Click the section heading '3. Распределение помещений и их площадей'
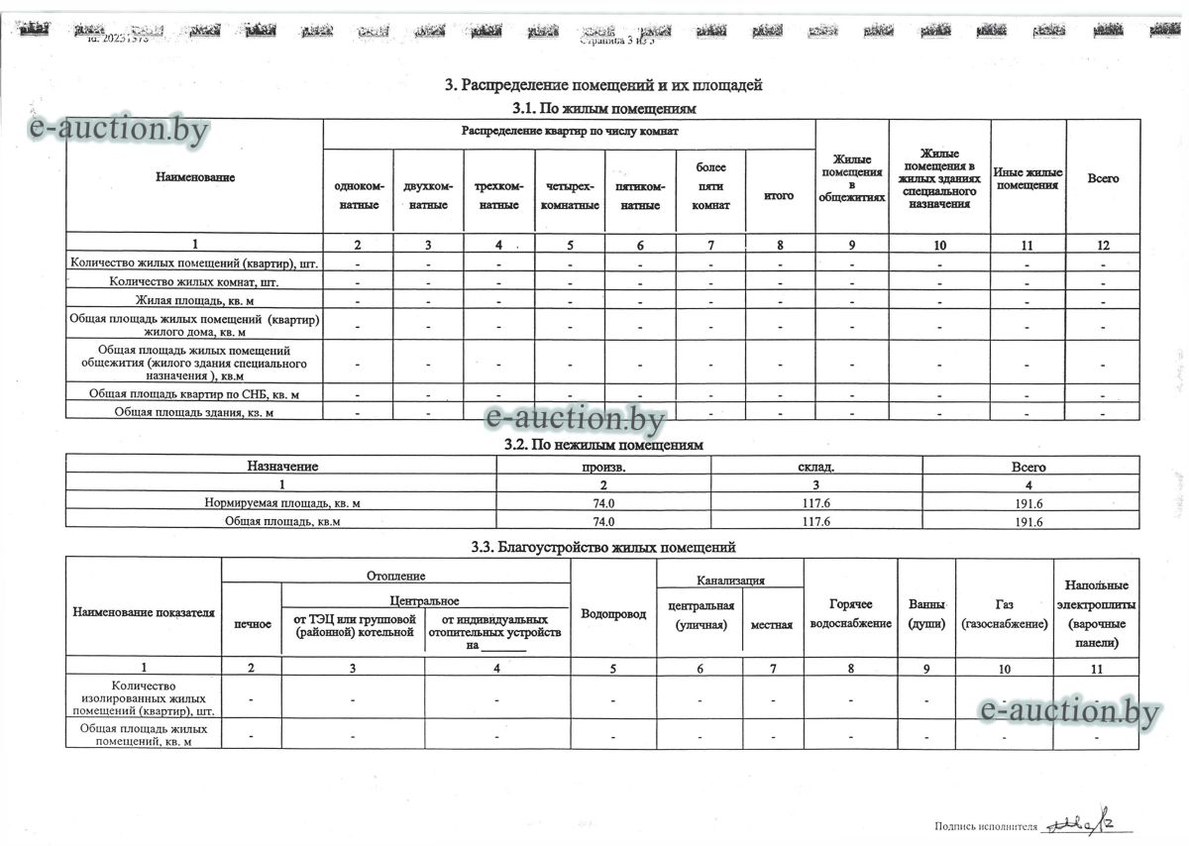click(x=603, y=85)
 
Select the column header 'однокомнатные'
click(x=359, y=195)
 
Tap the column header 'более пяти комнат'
click(x=710, y=186)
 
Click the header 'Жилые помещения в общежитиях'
click(x=851, y=177)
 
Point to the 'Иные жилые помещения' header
click(x=1027, y=178)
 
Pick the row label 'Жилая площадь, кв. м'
click(x=195, y=299)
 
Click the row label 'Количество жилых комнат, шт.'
click(x=195, y=281)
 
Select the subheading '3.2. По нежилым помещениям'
click(x=603, y=445)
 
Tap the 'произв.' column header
click(x=603, y=467)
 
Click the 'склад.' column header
click(x=816, y=467)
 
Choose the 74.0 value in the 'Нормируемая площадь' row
click(x=603, y=503)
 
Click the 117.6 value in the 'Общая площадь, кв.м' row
click(x=816, y=521)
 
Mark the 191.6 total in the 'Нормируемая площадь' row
click(x=1030, y=503)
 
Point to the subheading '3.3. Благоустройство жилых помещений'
click(x=603, y=546)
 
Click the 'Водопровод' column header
click(x=613, y=613)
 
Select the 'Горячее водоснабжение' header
click(x=850, y=613)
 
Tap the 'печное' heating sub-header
click(x=252, y=624)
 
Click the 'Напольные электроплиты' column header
click(x=1096, y=614)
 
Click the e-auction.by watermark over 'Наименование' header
click(x=118, y=129)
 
